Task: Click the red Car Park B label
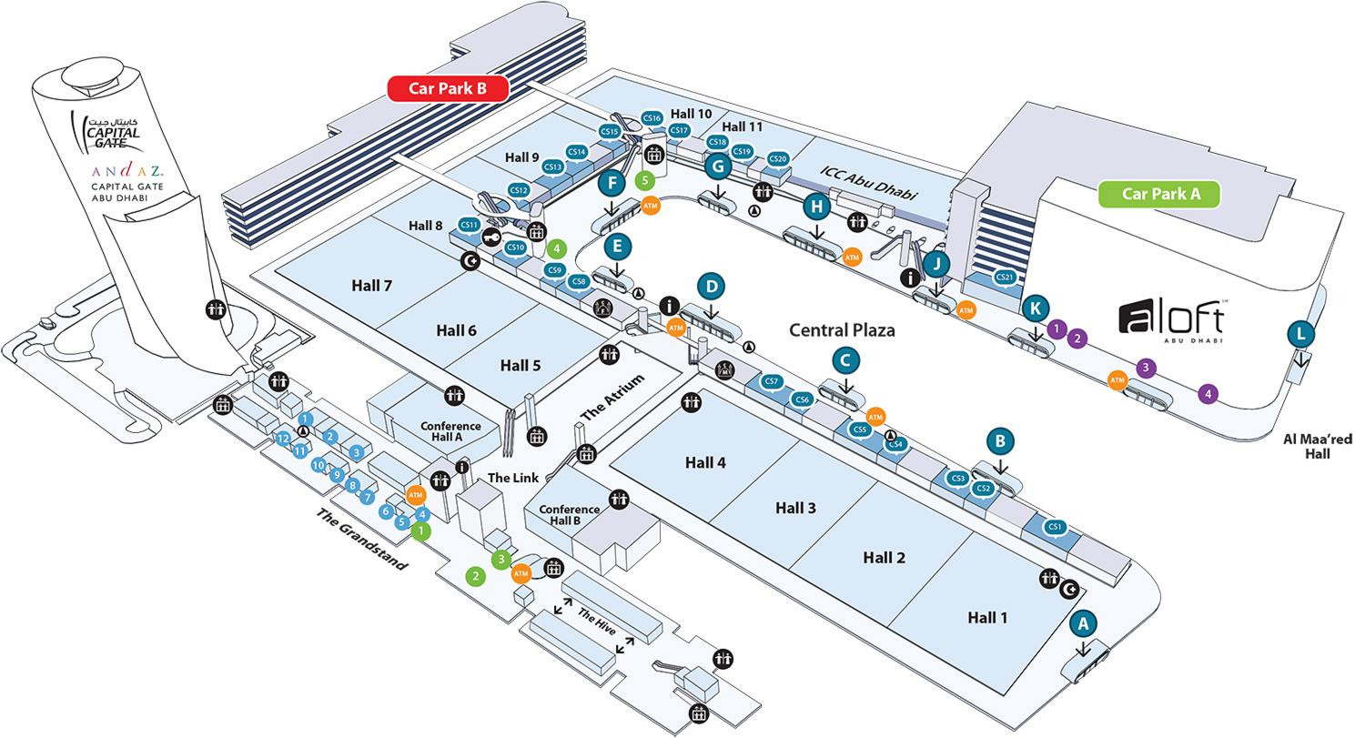coord(447,88)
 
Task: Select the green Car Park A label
coord(1159,194)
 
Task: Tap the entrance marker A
coord(1082,624)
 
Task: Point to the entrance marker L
coord(1301,334)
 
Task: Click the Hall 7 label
coord(371,286)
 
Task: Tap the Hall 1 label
coord(987,618)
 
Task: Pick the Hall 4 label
coord(705,462)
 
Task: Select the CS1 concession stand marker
coord(1055,526)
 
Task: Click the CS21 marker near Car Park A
coord(1005,278)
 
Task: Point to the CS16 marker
coord(652,118)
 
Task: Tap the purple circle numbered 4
coord(1208,394)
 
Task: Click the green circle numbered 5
coord(645,180)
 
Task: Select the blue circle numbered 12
coord(283,439)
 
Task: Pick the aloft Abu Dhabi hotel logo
coord(1171,320)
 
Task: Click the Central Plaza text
coord(842,330)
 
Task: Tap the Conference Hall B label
coord(569,515)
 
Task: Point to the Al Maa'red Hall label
coord(1317,446)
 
